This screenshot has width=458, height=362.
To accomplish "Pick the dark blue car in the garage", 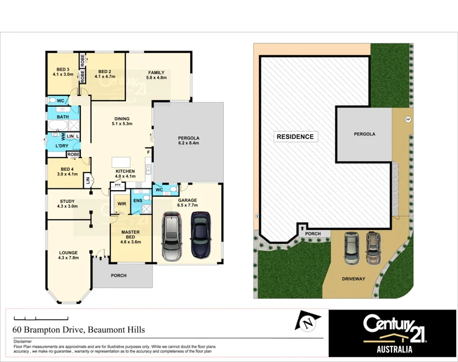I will point(201,233).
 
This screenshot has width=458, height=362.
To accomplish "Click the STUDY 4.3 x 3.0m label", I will point(68,204).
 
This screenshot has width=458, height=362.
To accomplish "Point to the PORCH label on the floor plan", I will point(119,276).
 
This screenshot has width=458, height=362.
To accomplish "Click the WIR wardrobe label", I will point(121,204).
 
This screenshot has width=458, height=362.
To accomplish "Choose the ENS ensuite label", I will point(138,200).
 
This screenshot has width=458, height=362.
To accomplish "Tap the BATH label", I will point(63,116).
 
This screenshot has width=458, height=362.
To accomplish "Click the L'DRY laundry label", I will point(62,146).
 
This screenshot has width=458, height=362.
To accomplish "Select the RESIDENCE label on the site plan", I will point(295,136).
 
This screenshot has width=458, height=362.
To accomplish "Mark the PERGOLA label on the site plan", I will point(364,134).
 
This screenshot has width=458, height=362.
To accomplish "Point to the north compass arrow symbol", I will point(308,322).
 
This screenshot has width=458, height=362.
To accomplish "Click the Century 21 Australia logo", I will point(392,333).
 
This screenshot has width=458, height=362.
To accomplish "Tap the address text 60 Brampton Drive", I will point(78,330).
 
